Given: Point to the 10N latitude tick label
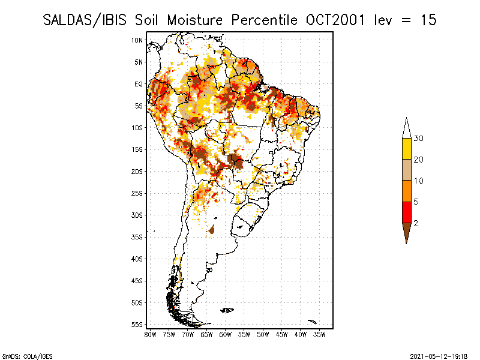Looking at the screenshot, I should (x=137, y=40).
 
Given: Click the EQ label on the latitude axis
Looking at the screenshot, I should (x=139, y=84).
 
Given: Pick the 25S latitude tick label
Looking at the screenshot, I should (x=137, y=193).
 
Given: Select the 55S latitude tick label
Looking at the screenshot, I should (x=137, y=324).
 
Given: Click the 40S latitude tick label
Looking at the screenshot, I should (x=137, y=259).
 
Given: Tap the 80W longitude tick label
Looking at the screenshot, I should (x=150, y=334).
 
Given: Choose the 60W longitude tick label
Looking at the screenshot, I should (x=226, y=334).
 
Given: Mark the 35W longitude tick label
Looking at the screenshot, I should (x=320, y=334).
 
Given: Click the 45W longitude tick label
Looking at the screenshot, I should (x=282, y=334).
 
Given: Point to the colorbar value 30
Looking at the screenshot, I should (x=419, y=139).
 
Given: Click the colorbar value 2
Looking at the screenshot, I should (x=416, y=223).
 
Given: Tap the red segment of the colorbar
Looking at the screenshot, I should (x=406, y=212).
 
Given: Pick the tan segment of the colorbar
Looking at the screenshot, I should (x=406, y=170).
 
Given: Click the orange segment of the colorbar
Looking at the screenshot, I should (x=406, y=191).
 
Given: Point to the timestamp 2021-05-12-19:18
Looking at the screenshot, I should (x=439, y=356).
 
